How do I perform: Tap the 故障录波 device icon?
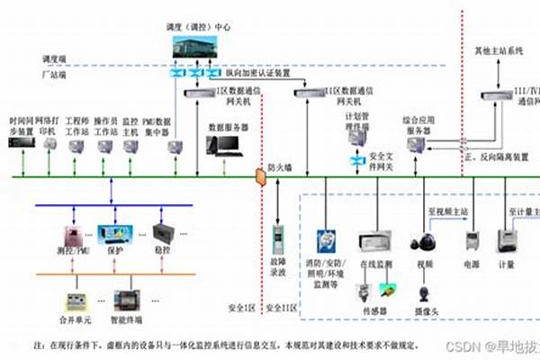[278, 241]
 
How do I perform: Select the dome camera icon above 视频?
[422, 242]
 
